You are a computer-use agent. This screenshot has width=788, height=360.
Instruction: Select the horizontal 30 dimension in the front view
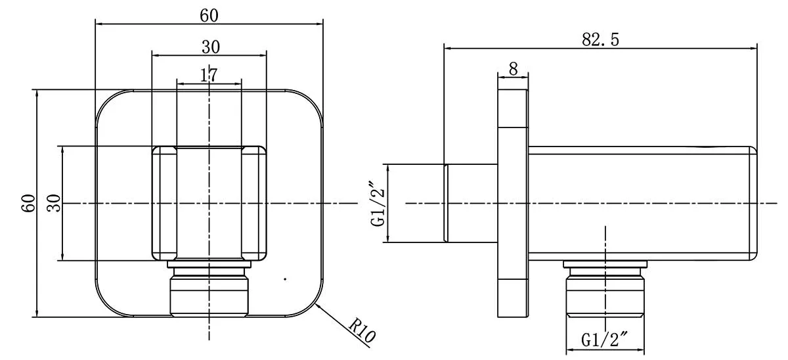tap(210, 47)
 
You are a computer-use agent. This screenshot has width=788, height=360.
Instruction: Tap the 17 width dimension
tap(209, 75)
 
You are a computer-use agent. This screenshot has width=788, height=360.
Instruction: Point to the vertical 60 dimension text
tap(28, 204)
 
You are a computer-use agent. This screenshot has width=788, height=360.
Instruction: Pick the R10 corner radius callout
tap(362, 332)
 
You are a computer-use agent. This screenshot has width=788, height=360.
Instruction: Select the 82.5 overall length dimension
tap(600, 39)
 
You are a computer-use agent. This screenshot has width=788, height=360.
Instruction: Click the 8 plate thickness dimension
tap(513, 68)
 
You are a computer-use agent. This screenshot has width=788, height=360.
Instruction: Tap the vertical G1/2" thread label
tap(378, 204)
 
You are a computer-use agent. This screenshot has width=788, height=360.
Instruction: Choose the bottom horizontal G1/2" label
tap(605, 340)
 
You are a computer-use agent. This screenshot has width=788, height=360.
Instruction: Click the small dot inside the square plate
tap(285, 279)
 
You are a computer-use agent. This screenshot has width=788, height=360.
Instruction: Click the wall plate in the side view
tap(513, 204)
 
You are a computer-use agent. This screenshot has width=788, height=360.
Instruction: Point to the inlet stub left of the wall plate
tap(471, 204)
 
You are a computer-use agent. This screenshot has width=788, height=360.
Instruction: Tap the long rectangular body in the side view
tap(640, 204)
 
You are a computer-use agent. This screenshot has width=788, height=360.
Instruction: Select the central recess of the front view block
tap(209, 204)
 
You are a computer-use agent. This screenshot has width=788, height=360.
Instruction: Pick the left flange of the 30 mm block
tap(165, 204)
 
